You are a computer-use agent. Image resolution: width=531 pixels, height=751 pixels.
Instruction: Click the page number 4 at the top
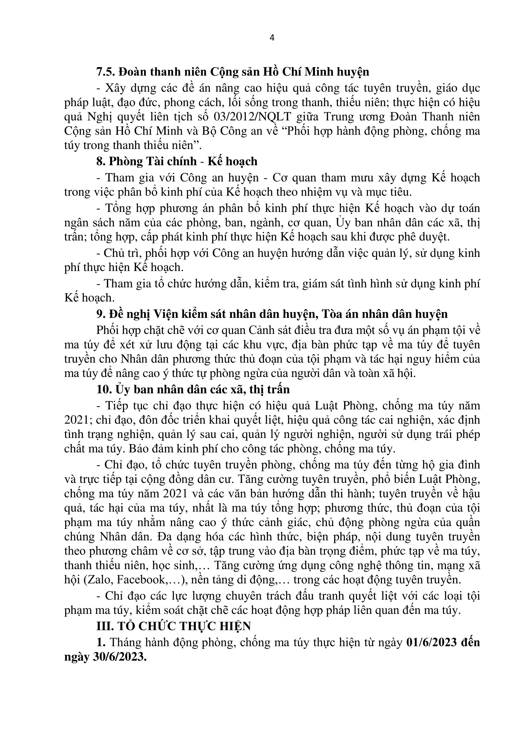coord(272,38)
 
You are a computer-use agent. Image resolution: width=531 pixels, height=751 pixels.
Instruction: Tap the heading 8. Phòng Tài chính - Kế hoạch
coord(177,161)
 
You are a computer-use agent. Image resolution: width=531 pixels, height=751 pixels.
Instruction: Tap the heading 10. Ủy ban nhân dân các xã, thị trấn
coord(193,389)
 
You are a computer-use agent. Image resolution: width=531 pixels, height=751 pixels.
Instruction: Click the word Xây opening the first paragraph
coord(115,88)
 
